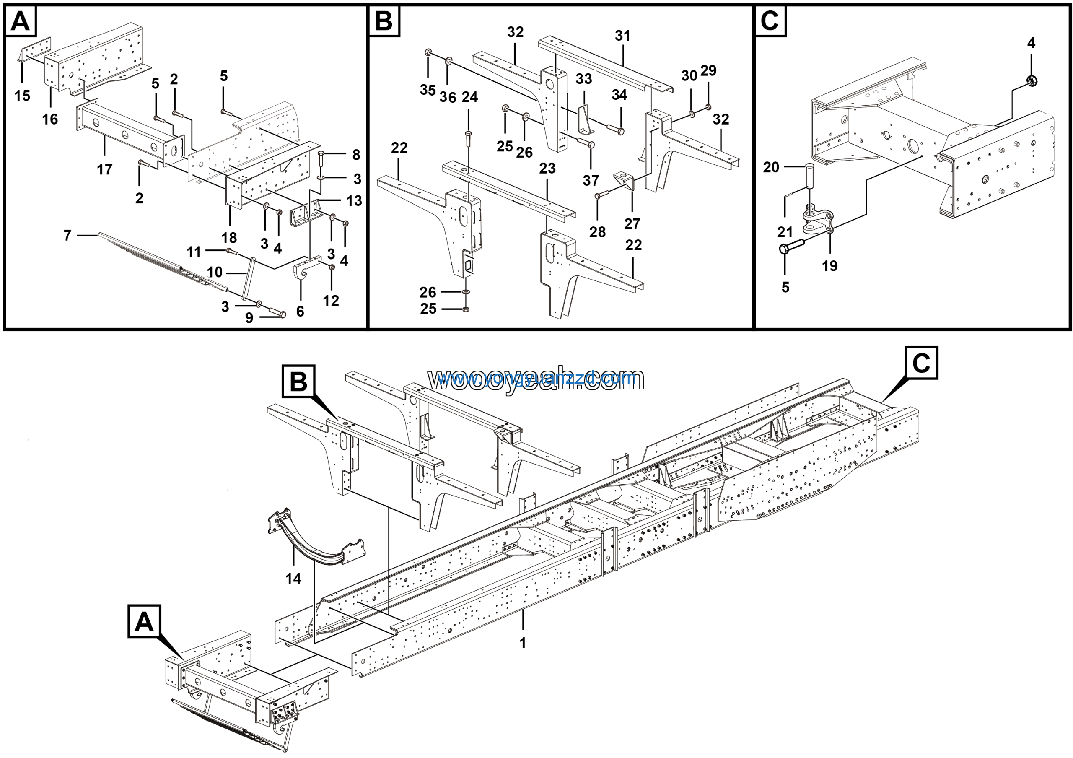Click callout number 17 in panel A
pos(105,169)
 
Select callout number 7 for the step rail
pos(68,235)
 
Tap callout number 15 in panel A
pos(22,96)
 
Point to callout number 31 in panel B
pos(622,36)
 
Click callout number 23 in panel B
pos(547,168)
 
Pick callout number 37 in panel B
pos(591,180)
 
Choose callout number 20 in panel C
pos(771,167)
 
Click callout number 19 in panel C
pos(829,266)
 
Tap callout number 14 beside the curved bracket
pos(293,579)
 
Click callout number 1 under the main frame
pos(523,643)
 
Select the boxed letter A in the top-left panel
pos(20,21)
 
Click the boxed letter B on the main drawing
pos(298,382)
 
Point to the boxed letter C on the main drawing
pos(921,363)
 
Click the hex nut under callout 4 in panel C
pos(1032,80)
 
